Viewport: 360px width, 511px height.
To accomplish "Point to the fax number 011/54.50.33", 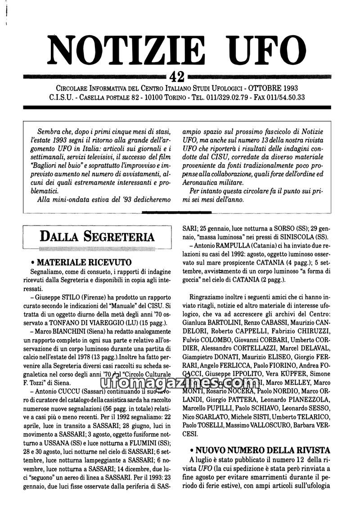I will (286, 97).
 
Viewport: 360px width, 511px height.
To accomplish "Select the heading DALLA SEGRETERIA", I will (97, 236).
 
